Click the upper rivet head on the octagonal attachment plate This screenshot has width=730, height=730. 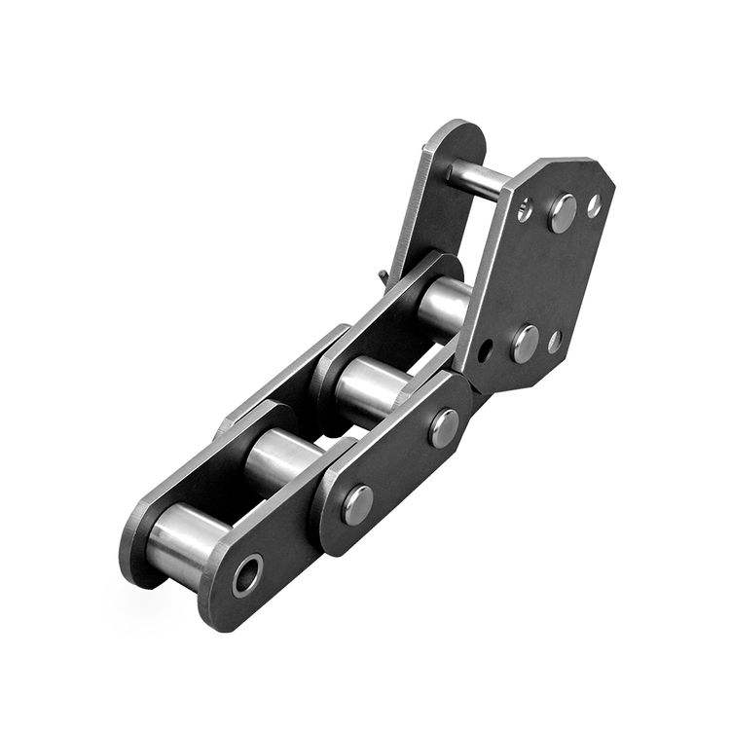click(x=562, y=212)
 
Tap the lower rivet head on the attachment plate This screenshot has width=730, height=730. click(x=525, y=343)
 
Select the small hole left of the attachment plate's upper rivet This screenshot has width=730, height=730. click(x=525, y=208)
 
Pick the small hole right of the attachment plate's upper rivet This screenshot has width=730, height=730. click(x=593, y=205)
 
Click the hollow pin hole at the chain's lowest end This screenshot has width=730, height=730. click(x=247, y=575)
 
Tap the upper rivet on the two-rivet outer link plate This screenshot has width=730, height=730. click(x=445, y=427)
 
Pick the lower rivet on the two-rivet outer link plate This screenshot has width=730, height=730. click(x=357, y=504)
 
